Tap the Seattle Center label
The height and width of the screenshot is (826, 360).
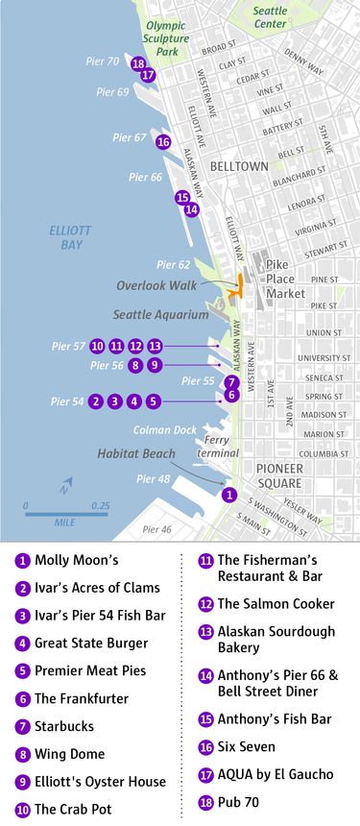[271, 16]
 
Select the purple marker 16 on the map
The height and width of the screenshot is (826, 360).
[163, 142]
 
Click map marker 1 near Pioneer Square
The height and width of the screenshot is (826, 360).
[228, 495]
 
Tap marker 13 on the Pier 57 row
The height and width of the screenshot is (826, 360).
[156, 346]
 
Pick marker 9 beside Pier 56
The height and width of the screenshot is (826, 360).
[156, 365]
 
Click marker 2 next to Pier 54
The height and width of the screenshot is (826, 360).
[96, 401]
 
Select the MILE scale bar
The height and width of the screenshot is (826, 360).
[66, 515]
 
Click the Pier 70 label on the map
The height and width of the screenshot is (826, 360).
[100, 61]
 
